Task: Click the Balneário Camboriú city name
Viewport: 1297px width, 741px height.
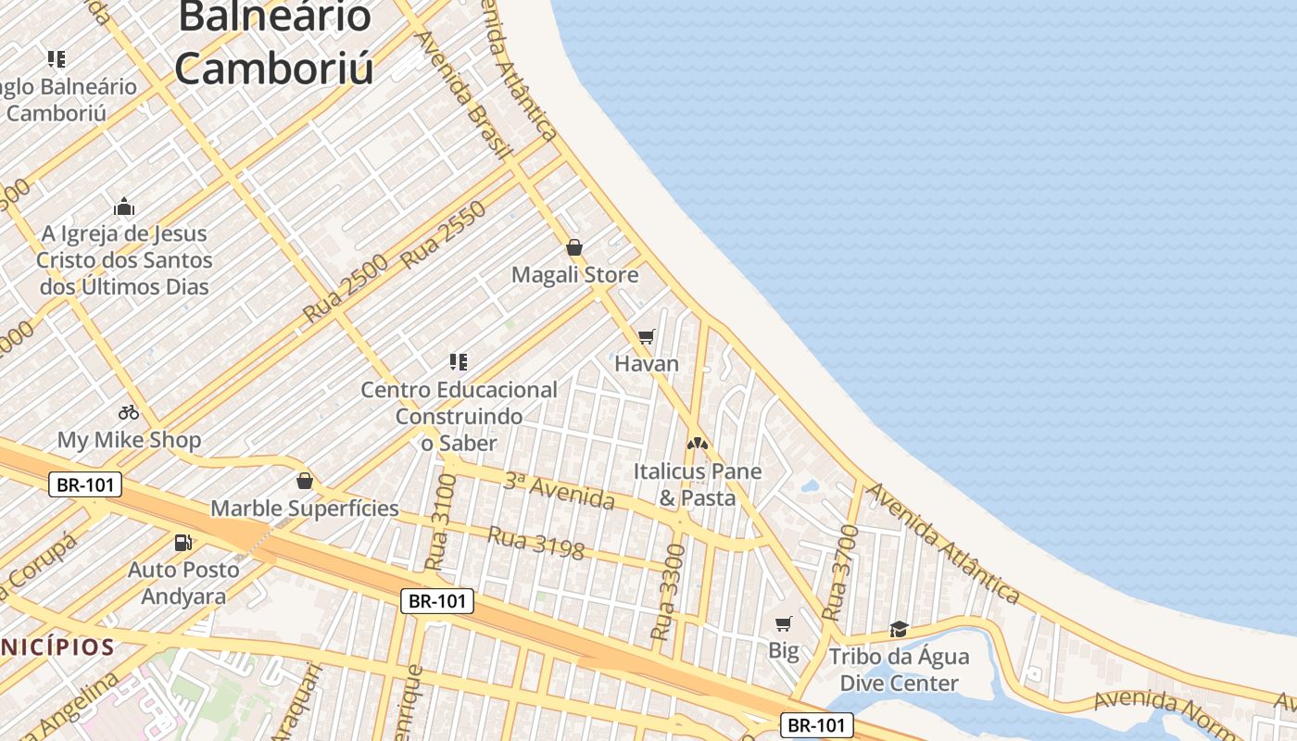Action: coord(274,43)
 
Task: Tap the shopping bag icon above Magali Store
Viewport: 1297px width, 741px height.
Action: coord(574,247)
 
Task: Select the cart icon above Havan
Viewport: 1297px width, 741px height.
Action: coord(647,336)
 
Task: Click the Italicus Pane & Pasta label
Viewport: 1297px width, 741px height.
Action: coord(698,484)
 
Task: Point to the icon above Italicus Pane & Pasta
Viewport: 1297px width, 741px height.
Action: coord(698,444)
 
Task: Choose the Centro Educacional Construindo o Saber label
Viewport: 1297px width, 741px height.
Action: coord(459,416)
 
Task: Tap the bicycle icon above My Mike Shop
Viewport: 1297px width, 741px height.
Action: coord(129,412)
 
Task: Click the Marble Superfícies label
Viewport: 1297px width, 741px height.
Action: coord(305,508)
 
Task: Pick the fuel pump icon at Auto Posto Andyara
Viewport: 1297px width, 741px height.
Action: coord(183,543)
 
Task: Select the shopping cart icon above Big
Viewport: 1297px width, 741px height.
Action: coord(784,623)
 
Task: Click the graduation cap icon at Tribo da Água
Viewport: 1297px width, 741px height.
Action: coord(899,630)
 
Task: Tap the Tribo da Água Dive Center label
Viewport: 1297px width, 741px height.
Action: coord(899,670)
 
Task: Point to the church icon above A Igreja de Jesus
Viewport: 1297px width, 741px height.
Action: coord(124,207)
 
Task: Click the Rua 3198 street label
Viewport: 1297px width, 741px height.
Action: coord(535,544)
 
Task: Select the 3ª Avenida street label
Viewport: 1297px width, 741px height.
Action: coord(560,491)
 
